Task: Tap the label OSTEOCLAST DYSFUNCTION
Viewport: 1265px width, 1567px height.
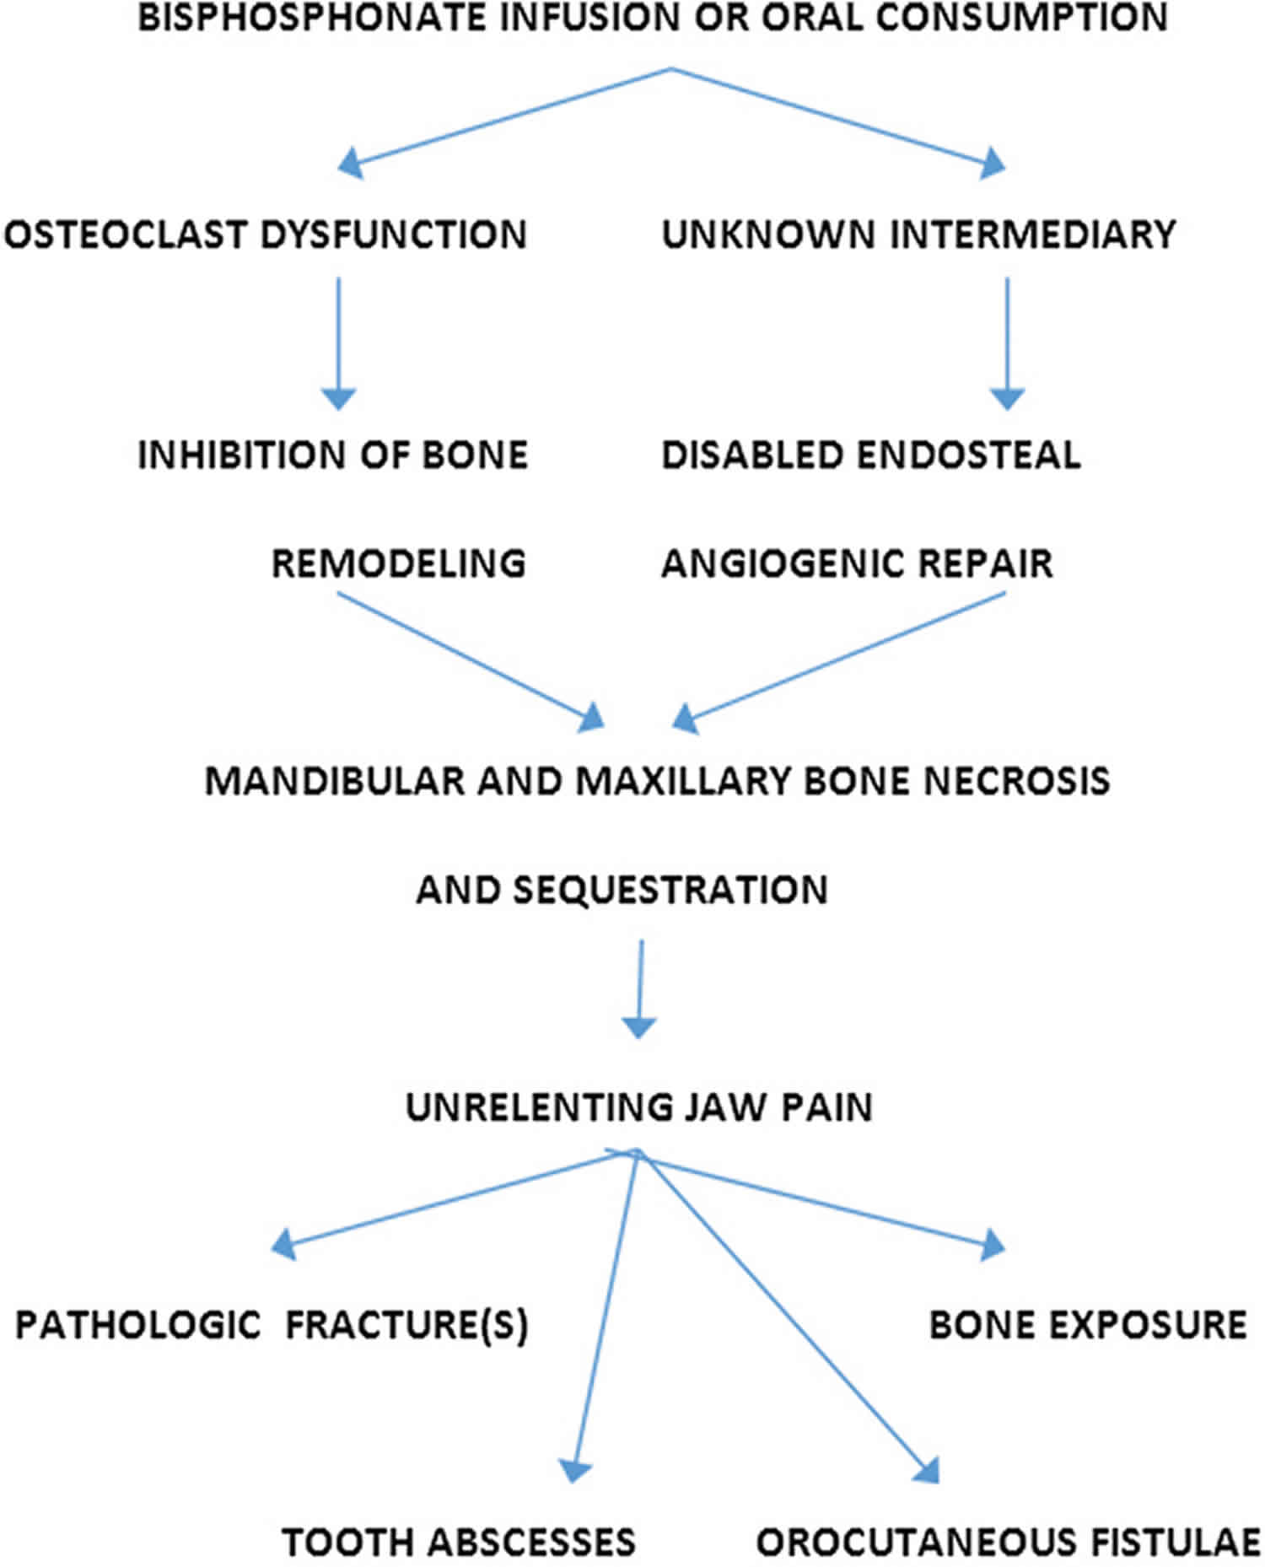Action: [x=266, y=234]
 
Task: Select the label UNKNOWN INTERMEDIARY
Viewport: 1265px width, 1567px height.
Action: [x=918, y=234]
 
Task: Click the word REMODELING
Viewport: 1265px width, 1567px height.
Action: [x=399, y=563]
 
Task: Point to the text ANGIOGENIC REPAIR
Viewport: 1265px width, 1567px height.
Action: [x=858, y=563]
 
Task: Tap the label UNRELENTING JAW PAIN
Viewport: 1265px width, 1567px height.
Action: [x=639, y=1107]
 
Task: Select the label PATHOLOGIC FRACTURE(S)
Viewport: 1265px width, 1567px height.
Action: [x=272, y=1325]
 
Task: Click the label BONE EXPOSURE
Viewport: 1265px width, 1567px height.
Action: [x=1088, y=1325]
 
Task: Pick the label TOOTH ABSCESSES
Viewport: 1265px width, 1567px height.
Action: [x=459, y=1543]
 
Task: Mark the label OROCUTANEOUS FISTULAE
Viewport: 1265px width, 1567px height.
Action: [x=1009, y=1543]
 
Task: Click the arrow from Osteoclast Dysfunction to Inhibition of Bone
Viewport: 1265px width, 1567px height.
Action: [x=338, y=344]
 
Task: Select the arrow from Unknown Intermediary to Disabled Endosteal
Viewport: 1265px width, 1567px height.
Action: [x=1006, y=344]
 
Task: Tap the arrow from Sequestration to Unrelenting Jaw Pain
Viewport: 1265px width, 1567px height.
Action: [x=640, y=989]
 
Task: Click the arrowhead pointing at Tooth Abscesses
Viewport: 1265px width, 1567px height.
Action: [x=575, y=1470]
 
